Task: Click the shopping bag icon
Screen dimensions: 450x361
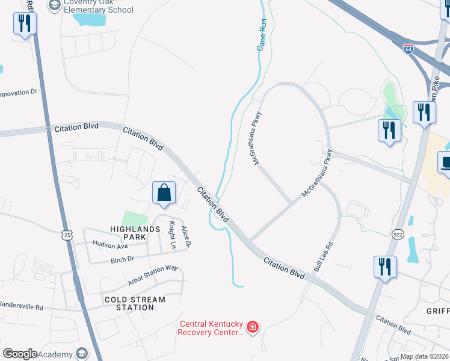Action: click(164, 193)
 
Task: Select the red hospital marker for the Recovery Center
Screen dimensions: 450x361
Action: click(253, 327)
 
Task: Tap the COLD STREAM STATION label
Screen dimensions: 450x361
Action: click(135, 303)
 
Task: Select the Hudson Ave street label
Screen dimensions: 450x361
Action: click(110, 245)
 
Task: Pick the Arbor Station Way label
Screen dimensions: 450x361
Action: click(153, 276)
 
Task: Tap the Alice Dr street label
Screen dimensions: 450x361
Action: click(187, 236)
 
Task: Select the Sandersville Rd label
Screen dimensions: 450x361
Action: click(22, 306)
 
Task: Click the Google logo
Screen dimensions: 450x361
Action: click(20, 354)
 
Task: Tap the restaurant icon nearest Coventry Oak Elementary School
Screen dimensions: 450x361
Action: click(25, 24)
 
